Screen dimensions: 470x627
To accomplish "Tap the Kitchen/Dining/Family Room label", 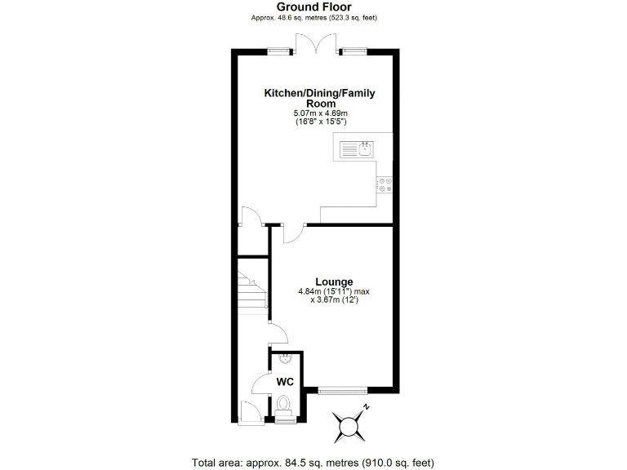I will tap(319, 99).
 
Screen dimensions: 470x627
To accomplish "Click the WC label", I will tap(285, 382).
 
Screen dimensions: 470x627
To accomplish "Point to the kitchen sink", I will tap(357, 149).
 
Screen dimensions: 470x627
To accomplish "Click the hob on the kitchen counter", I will tap(385, 185).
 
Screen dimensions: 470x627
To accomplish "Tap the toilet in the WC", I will tap(284, 404).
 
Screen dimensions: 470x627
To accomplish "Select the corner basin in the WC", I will tap(283, 359).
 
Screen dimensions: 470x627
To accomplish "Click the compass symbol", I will tap(350, 425).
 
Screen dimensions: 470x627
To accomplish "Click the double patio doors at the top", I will tap(316, 46).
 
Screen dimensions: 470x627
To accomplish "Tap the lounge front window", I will tap(342, 391).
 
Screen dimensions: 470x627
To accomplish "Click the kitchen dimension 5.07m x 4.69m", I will tap(319, 113).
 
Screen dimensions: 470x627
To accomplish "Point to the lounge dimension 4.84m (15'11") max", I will tap(336, 291).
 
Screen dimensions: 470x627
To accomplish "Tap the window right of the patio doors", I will tap(353, 51).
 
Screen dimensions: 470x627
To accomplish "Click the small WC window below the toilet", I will tap(285, 420).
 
